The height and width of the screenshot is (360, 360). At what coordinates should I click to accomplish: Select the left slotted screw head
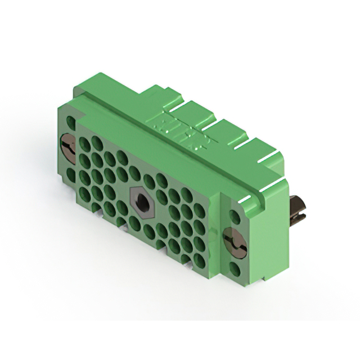point(67,148)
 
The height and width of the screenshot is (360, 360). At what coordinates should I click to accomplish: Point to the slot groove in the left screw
point(68,148)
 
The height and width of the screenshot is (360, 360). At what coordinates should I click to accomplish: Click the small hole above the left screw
point(70,121)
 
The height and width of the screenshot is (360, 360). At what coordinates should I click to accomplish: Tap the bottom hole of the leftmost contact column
point(85,195)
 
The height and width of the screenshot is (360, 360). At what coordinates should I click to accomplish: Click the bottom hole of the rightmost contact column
point(200,260)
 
